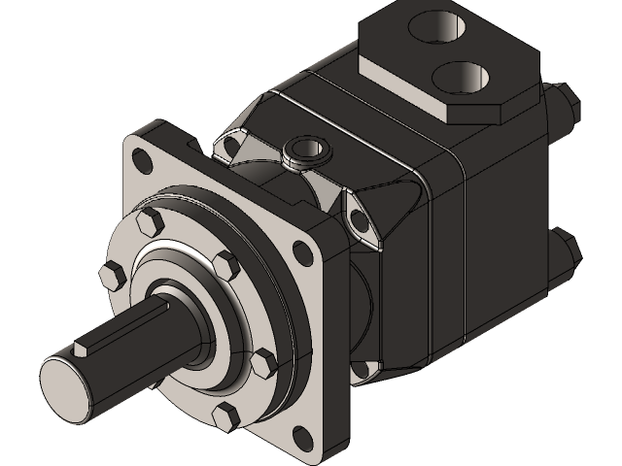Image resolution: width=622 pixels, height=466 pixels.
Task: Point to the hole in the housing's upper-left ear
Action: pos(230,147)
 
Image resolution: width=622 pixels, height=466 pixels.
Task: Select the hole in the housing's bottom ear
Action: pos(359,371)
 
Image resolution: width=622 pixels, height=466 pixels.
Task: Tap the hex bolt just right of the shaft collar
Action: pos(225,262)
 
